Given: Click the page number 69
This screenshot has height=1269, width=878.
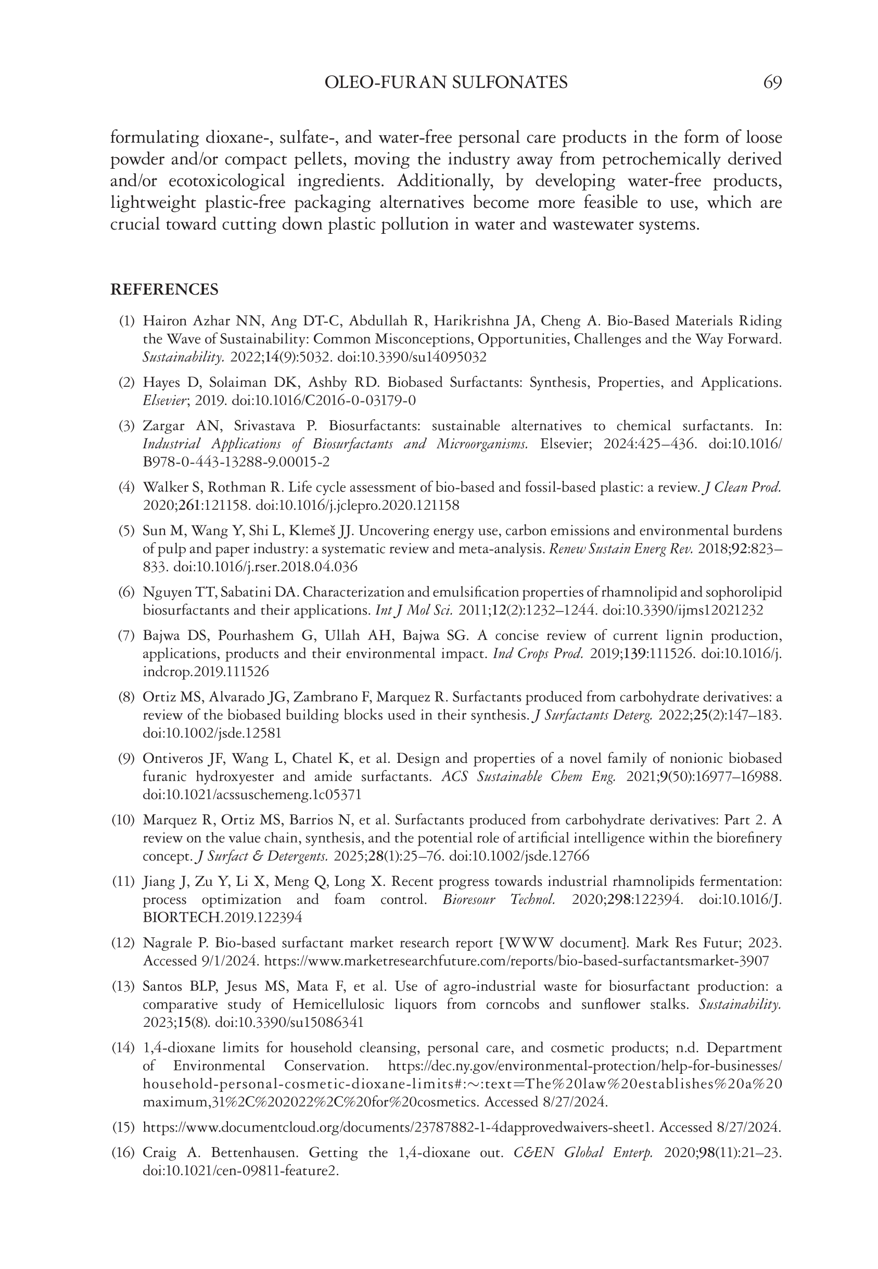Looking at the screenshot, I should coord(772,83).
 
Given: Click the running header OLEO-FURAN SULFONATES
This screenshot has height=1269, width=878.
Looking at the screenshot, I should coord(446,83).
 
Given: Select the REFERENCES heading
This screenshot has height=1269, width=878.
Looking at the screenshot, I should coord(164,290).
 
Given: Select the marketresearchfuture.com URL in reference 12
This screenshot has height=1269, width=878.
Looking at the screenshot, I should coord(517,961).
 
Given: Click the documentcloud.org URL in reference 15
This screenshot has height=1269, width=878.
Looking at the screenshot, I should coord(398,1127).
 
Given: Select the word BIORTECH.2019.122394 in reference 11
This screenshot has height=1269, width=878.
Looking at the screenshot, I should coord(222,918).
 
